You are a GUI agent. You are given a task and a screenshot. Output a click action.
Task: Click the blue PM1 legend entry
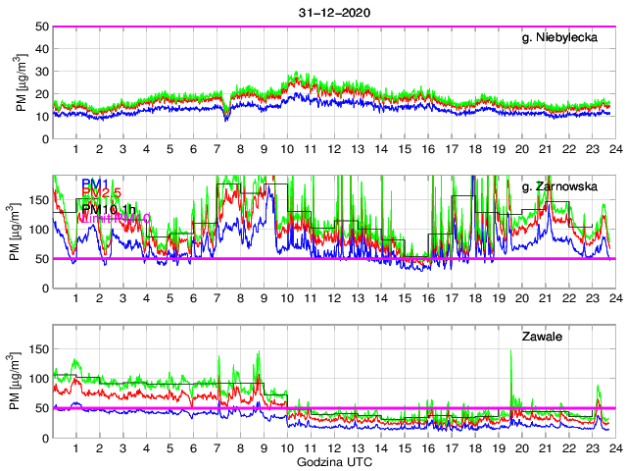point(95,183)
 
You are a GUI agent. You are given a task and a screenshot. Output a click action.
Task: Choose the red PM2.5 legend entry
point(102,194)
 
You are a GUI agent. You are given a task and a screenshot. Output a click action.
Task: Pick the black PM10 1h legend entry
point(108,208)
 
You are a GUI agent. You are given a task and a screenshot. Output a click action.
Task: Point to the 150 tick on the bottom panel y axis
point(39,348)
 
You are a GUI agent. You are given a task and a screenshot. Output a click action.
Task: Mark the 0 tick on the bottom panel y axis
point(45,438)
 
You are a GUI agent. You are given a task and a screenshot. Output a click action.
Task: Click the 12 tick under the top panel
point(333,149)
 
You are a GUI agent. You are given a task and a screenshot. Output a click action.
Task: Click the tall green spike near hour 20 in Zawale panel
point(512,353)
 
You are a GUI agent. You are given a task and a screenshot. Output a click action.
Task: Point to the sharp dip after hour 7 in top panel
point(226,119)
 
